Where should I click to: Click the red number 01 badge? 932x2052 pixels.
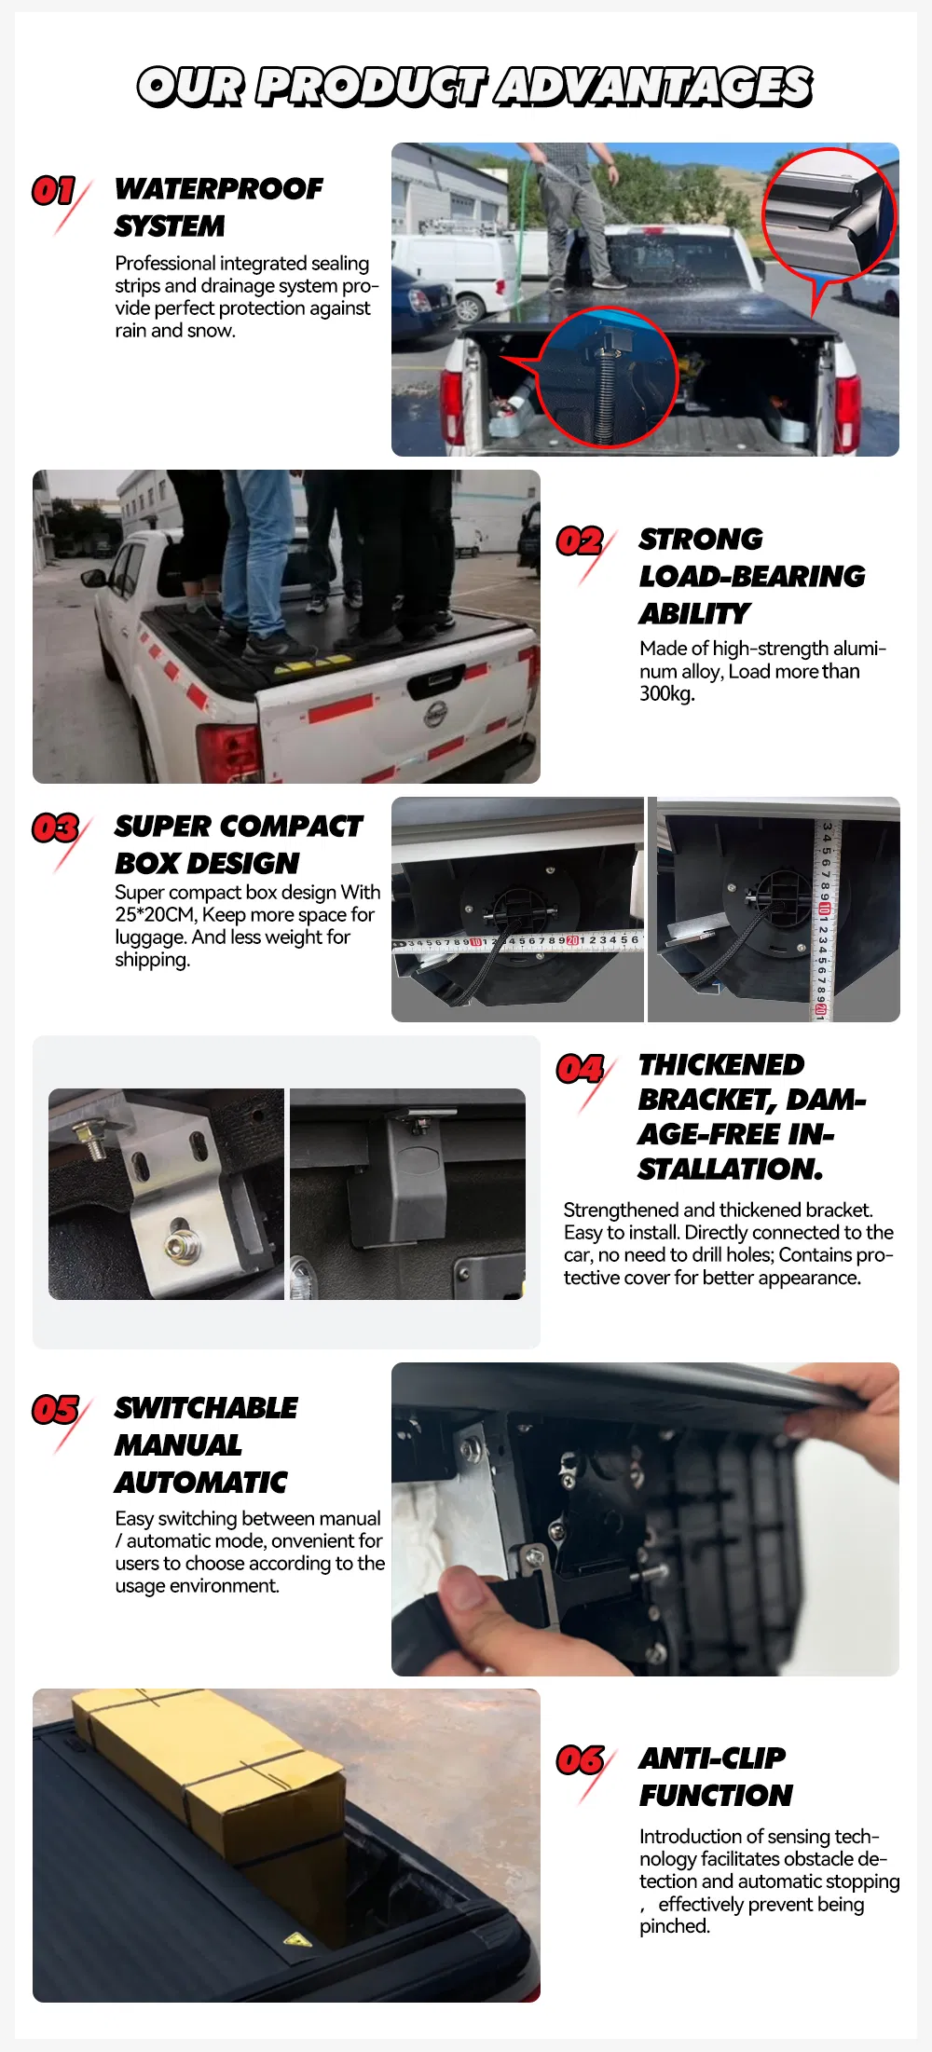coord(54,191)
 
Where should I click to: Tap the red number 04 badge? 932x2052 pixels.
coord(580,1068)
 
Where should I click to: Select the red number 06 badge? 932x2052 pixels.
coord(580,1759)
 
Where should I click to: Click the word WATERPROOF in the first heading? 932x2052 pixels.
coord(219,189)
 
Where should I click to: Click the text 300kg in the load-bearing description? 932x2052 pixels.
coord(665,693)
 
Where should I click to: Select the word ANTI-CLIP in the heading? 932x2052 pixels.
coord(712,1758)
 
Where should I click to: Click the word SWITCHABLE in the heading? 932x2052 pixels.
coord(206,1408)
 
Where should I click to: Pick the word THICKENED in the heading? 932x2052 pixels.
coord(721,1064)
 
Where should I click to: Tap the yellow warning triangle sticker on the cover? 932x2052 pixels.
coord(297,1941)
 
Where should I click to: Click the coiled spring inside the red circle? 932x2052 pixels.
coord(608,382)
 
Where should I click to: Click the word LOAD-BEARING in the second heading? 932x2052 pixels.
coord(752,577)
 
